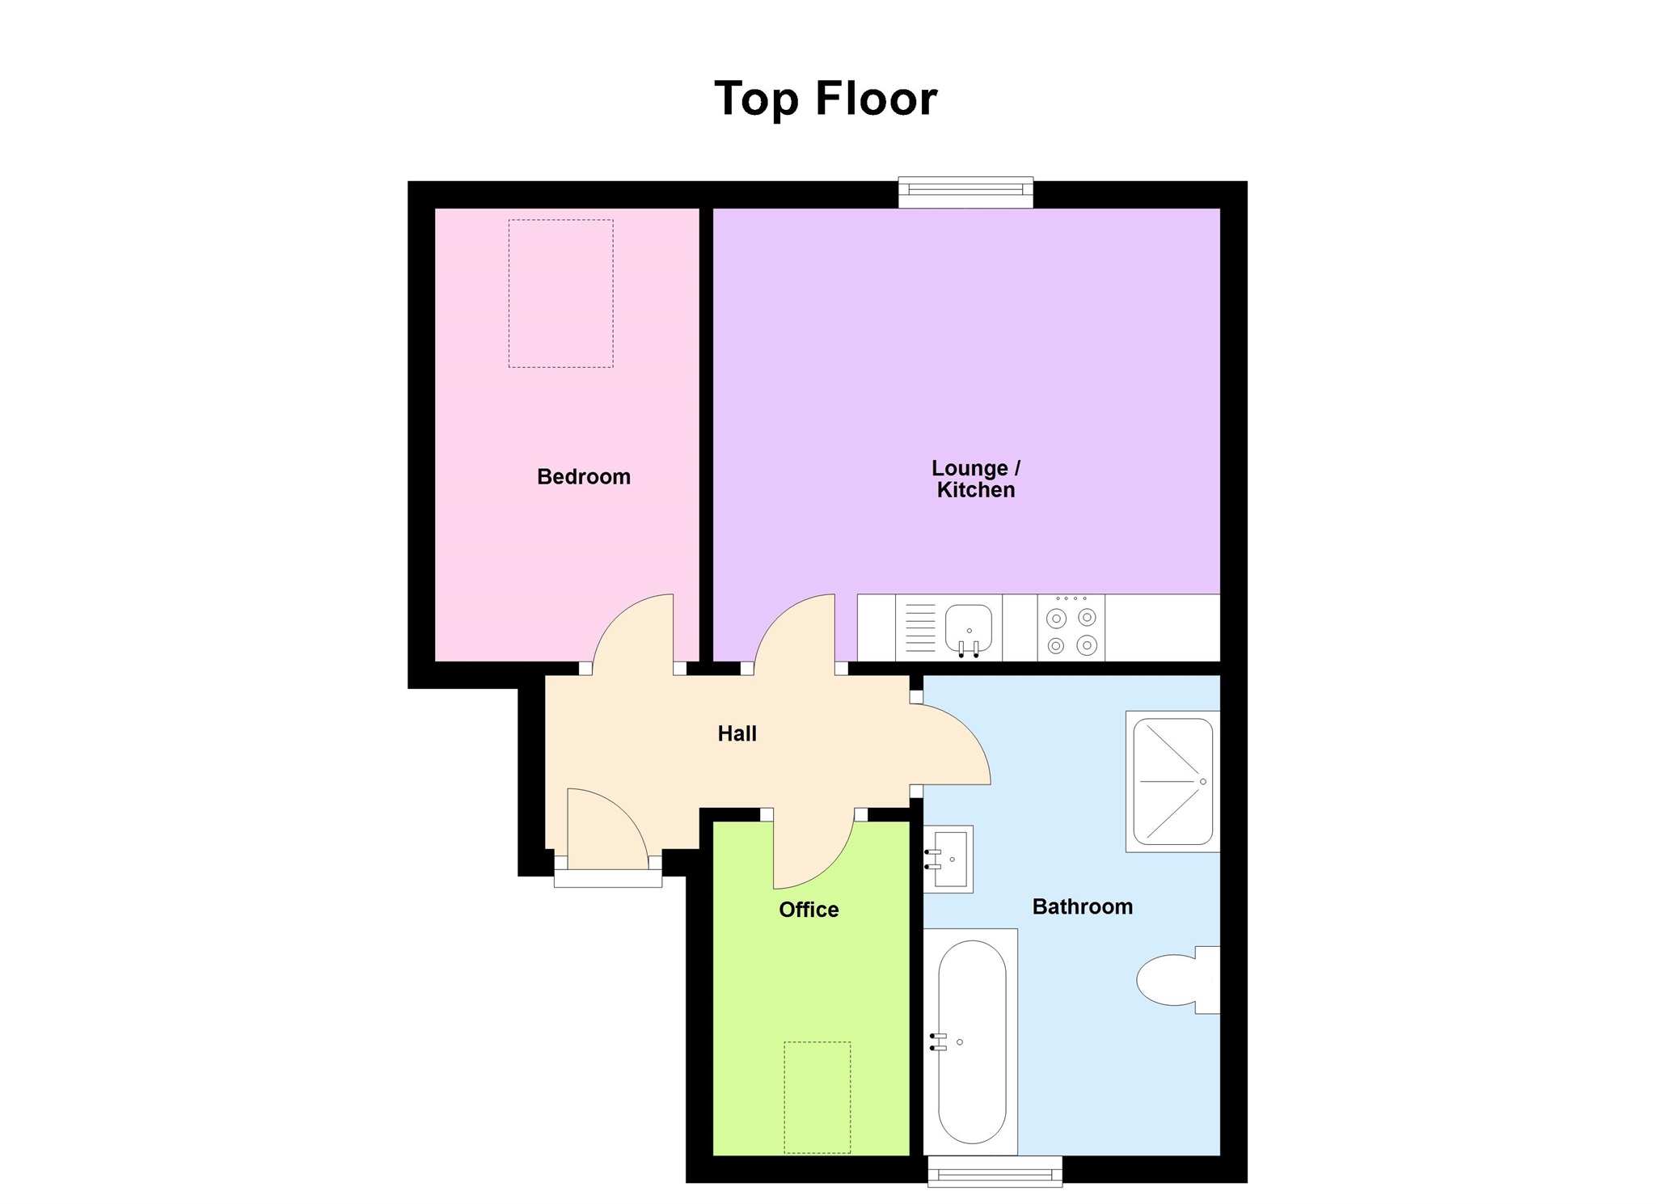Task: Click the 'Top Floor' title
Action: coord(826,99)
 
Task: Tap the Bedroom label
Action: coord(584,477)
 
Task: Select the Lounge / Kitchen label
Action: coord(975,479)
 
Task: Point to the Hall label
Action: coord(737,733)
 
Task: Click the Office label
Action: coord(809,910)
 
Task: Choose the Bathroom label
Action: coord(1082,906)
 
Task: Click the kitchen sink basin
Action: coord(969,627)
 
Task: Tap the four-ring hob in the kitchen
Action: coord(1071,628)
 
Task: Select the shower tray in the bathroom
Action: coord(1172,781)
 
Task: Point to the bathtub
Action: coord(971,1041)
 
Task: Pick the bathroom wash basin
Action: coord(949,859)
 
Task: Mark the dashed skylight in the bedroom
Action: coord(560,294)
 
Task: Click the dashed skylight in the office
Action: coord(817,1096)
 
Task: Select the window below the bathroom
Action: coord(995,1171)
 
